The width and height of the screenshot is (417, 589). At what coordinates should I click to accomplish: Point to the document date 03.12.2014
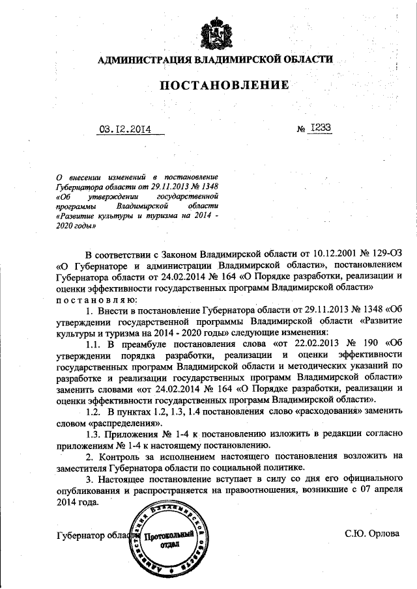[124, 129]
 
